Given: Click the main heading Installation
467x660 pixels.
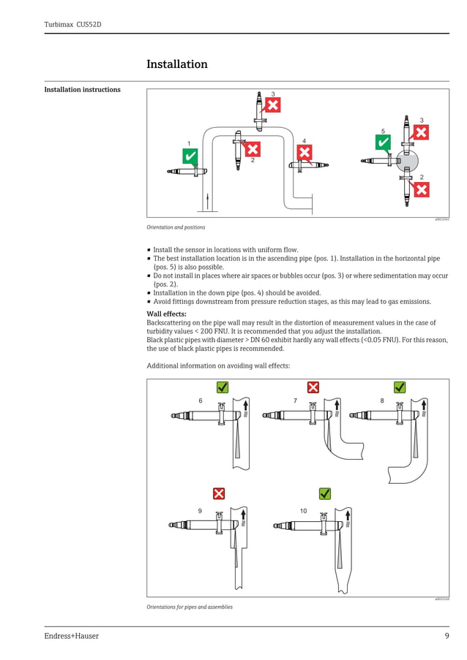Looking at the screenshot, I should [x=177, y=64].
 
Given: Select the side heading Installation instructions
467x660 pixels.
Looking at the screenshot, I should [x=82, y=90].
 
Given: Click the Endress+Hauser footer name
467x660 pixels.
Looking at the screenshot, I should [x=71, y=636].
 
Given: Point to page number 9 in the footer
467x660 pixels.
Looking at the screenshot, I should [x=447, y=636].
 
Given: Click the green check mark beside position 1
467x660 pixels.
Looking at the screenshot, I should [x=190, y=156].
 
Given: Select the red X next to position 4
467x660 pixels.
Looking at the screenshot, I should [x=304, y=152].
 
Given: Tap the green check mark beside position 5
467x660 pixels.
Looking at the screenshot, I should [x=383, y=143].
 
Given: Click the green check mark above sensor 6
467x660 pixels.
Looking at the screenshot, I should [x=223, y=387].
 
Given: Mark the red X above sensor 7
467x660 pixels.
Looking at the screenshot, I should [x=313, y=387].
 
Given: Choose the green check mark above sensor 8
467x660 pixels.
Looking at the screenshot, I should [x=400, y=387].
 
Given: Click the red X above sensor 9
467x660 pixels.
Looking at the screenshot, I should [x=218, y=493].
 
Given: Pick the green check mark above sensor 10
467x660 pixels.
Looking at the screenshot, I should [x=325, y=493].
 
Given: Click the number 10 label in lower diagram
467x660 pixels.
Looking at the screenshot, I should [x=303, y=510].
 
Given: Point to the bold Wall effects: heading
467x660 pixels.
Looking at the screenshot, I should [x=167, y=314].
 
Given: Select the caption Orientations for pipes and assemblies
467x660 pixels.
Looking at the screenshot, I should [x=190, y=607].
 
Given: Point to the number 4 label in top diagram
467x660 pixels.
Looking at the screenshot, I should [x=304, y=140].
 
